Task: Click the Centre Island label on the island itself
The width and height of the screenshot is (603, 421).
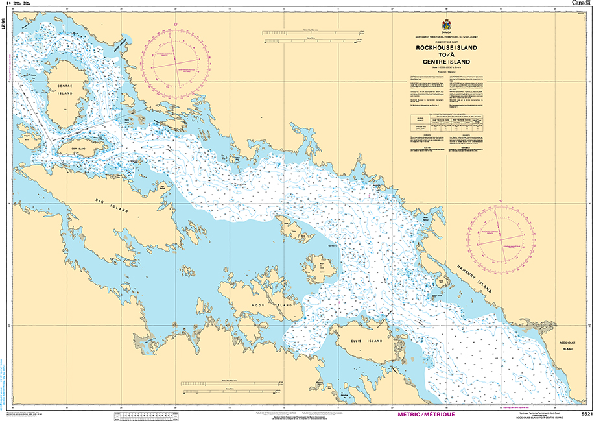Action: [65, 90]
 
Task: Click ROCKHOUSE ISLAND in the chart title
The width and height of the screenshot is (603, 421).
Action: [444, 48]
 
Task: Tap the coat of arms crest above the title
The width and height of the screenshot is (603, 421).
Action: [445, 25]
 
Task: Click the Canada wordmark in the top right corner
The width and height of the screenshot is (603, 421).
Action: [582, 3]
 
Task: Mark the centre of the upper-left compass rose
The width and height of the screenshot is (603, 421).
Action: [176, 64]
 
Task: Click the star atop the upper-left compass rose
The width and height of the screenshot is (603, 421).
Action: [176, 27]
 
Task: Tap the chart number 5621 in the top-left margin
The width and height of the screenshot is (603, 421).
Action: [5, 24]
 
